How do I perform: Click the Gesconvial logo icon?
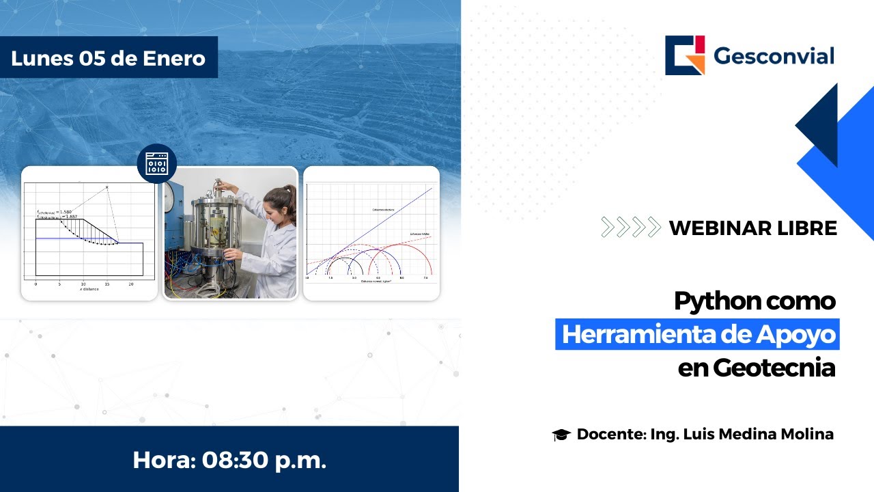click(685, 55)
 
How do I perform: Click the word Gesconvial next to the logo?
click(774, 56)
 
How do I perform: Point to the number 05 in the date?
click(93, 58)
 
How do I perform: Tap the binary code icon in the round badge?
click(156, 164)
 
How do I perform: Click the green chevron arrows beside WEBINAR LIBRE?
click(630, 227)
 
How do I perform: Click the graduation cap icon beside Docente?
click(561, 435)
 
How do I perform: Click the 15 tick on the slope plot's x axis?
click(107, 282)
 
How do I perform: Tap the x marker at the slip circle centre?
click(107, 187)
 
